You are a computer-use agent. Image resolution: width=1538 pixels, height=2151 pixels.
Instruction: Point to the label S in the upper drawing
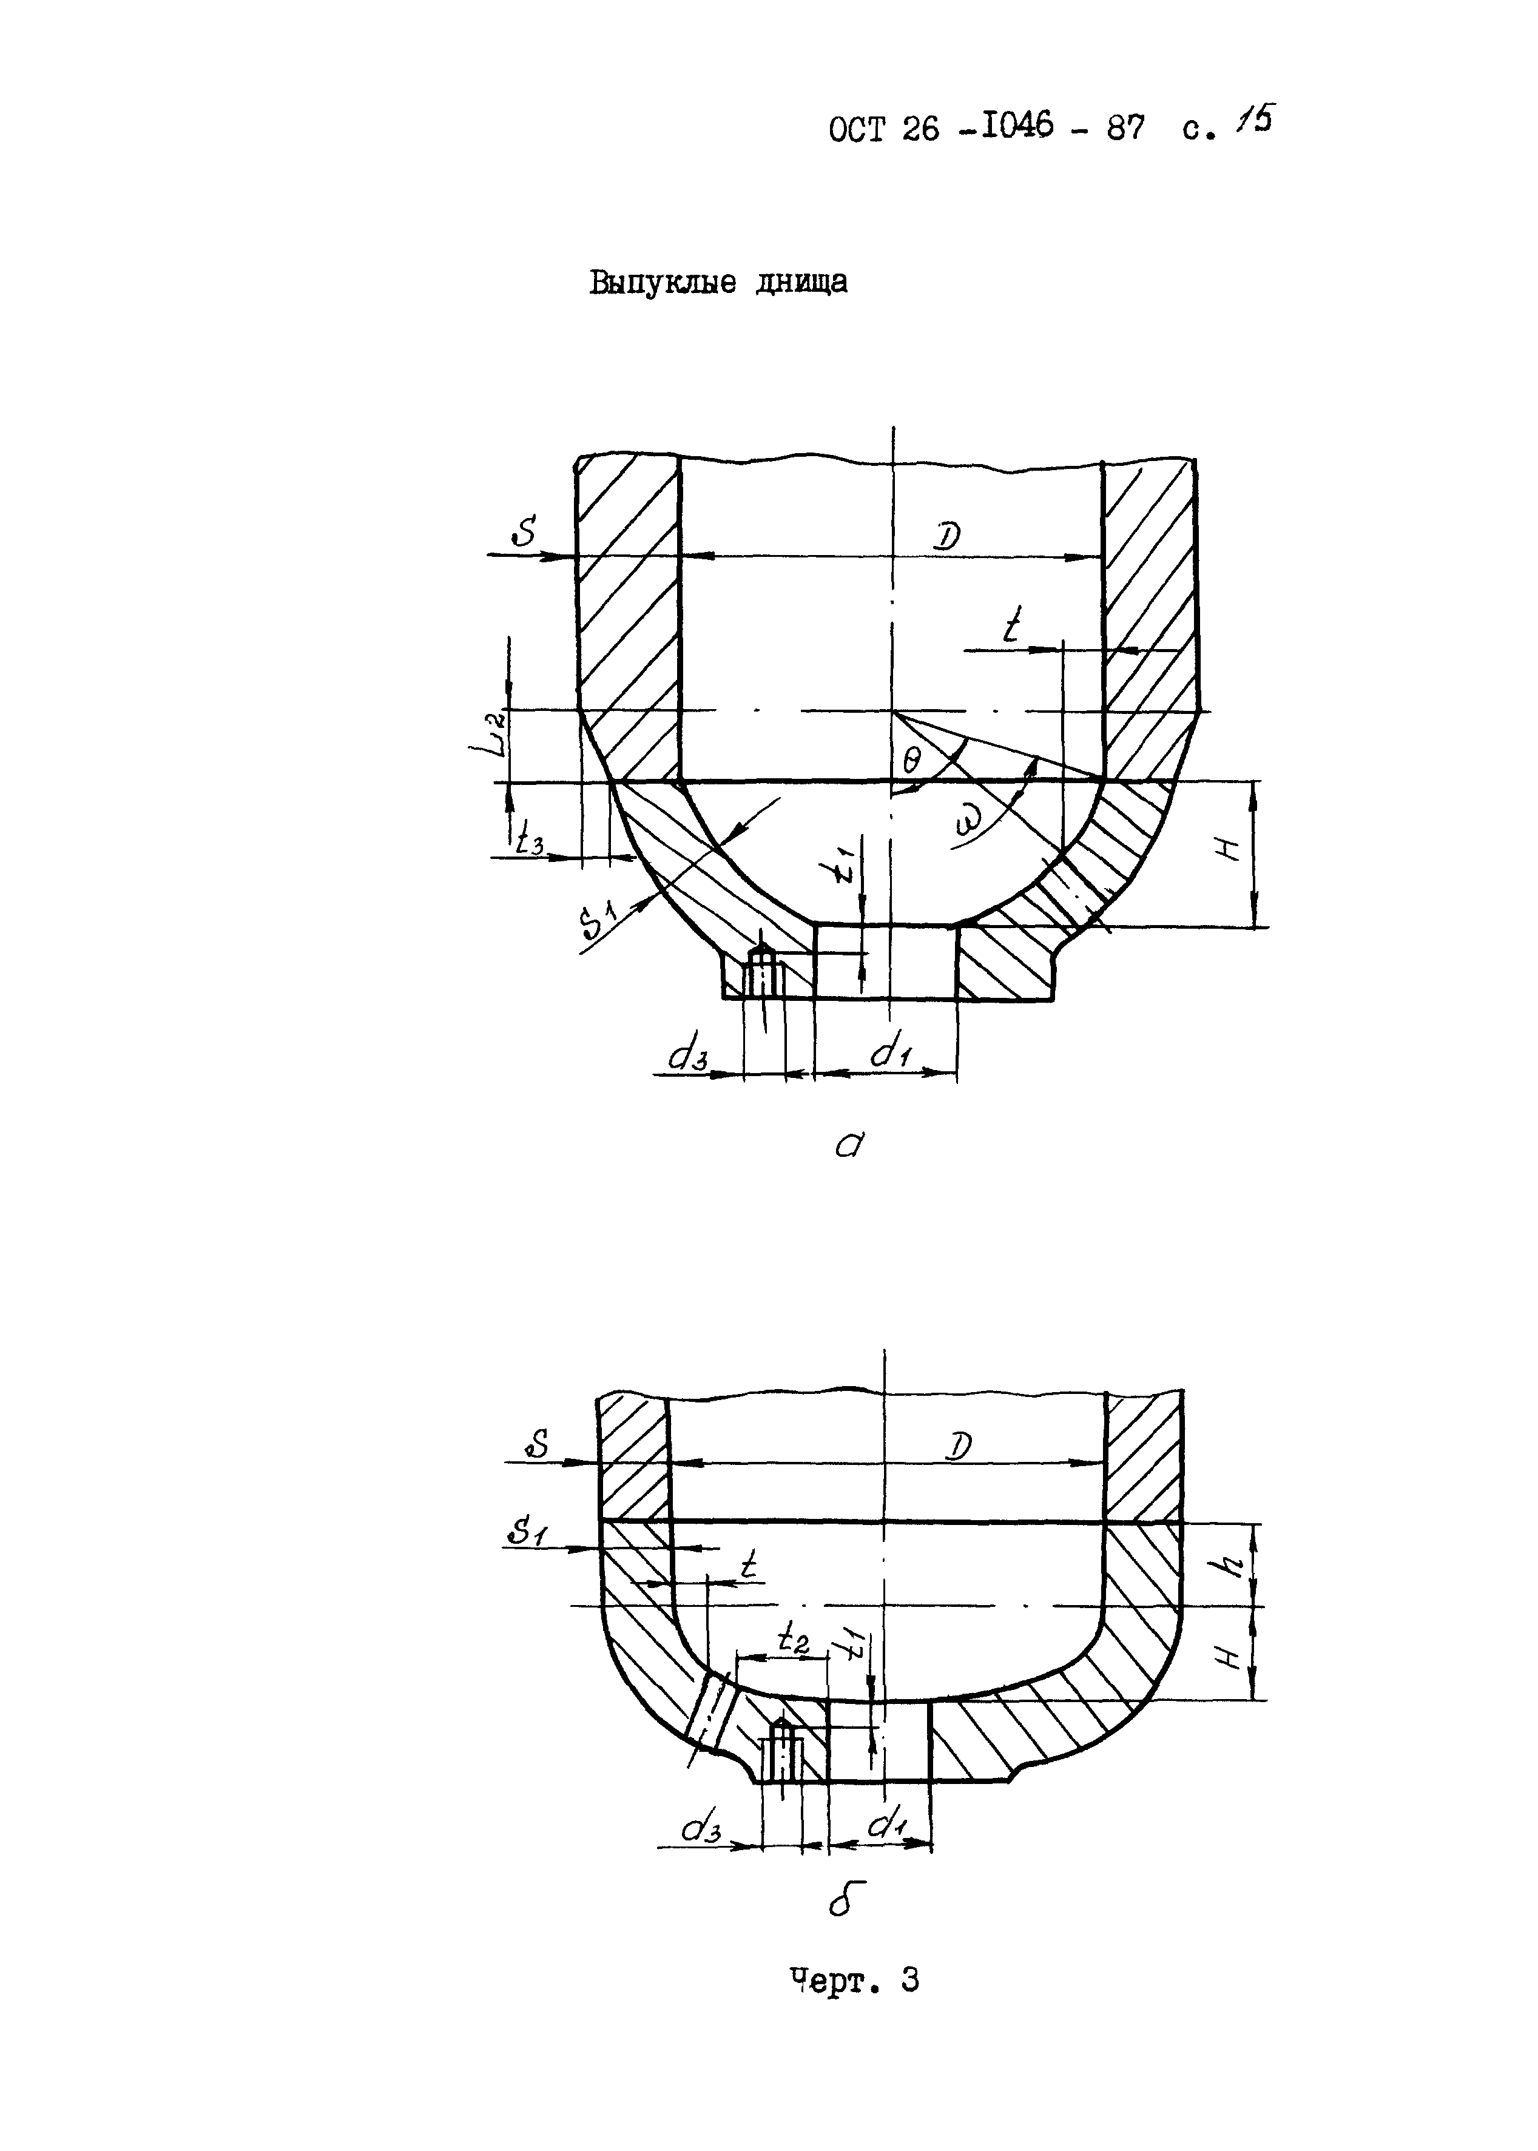click(524, 535)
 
